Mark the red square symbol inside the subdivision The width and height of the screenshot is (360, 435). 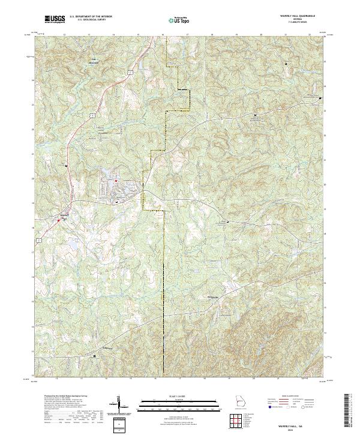click(117, 181)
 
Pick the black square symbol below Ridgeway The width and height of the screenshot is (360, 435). click(94, 356)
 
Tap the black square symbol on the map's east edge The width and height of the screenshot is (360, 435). click(320, 98)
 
